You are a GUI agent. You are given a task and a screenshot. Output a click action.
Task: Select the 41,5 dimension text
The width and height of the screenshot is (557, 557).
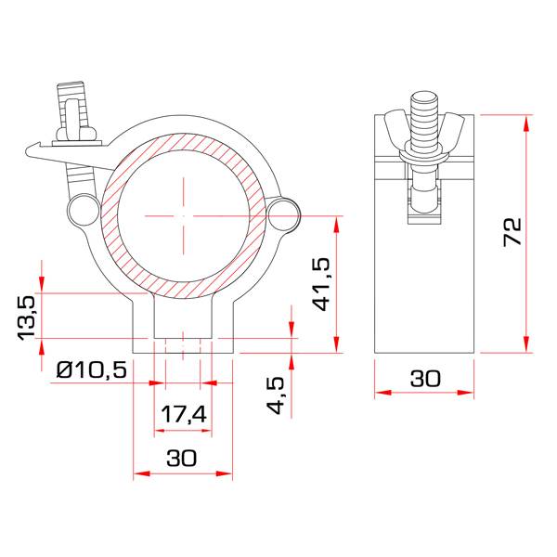coord(321,284)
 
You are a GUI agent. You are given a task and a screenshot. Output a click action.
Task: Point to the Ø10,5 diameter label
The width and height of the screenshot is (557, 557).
coord(91,369)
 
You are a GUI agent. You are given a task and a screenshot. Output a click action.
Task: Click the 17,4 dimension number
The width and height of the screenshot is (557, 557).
coord(184,415)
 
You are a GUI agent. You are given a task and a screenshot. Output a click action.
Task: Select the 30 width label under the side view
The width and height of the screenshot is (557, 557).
coord(425,379)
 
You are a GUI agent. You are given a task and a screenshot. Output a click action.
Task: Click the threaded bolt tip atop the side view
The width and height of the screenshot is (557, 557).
coord(424,101)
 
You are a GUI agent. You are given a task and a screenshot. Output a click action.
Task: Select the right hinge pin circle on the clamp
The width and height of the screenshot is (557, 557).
coord(283,214)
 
